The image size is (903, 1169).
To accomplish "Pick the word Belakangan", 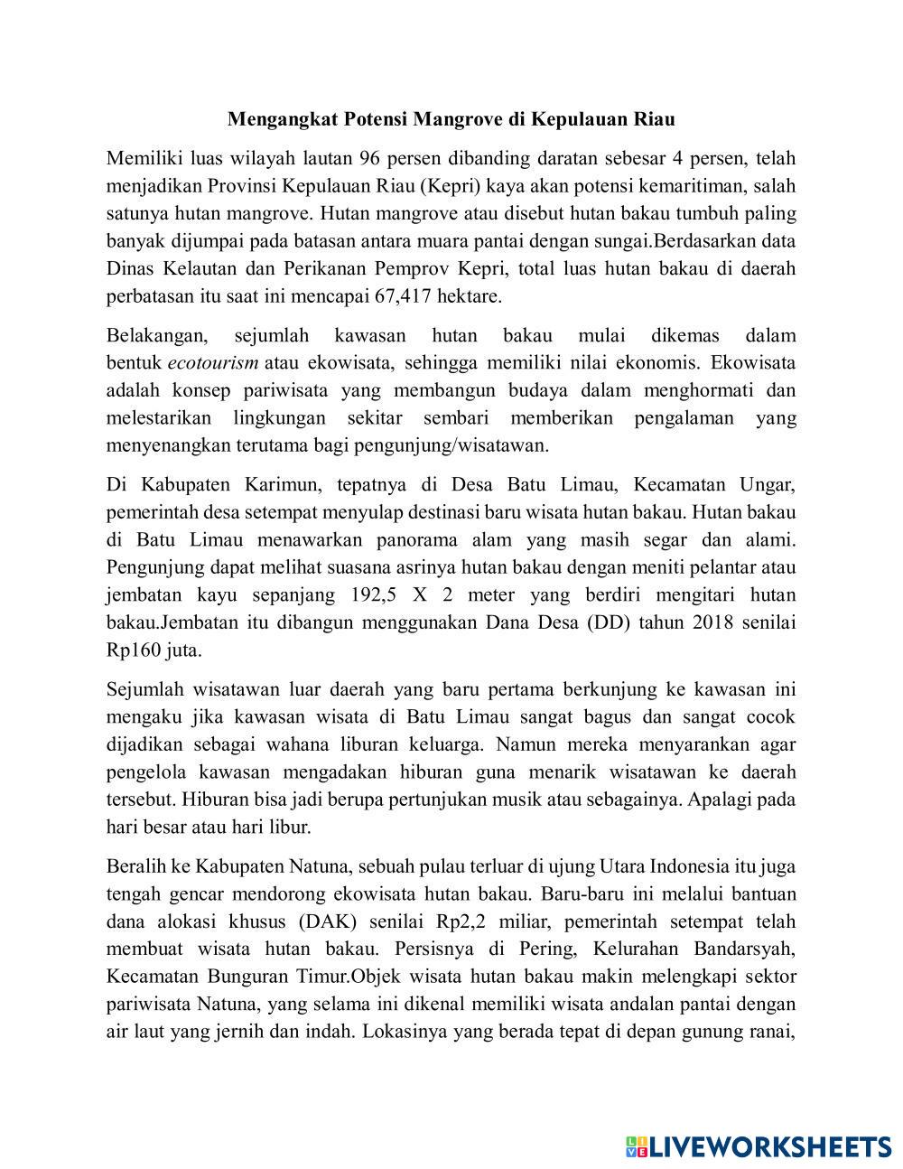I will [156, 336].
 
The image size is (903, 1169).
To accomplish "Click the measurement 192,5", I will [372, 595].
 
